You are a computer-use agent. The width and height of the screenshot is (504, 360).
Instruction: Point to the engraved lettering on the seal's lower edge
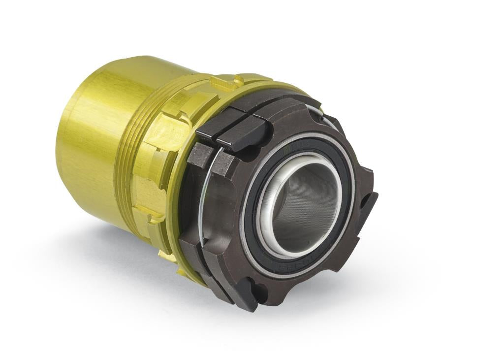(290, 268)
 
